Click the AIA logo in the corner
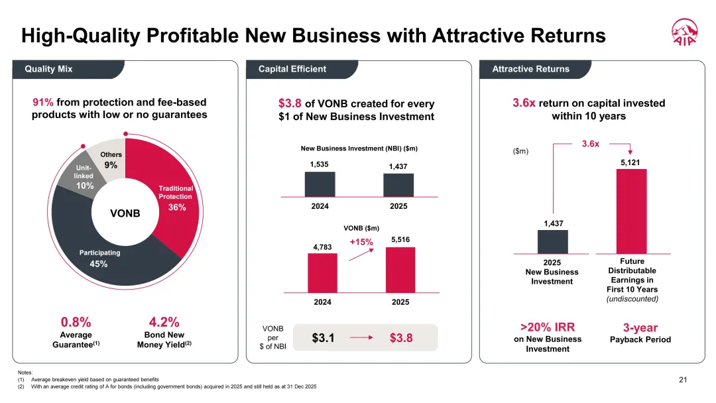[684, 32]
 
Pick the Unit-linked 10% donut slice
[82, 174]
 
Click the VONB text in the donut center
[125, 213]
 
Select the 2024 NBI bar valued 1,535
[320, 184]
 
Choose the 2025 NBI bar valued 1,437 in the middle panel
[398, 186]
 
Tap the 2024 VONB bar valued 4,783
[322, 273]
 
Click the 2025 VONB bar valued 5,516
[400, 270]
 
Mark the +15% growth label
[361, 242]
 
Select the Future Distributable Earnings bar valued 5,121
[632, 211]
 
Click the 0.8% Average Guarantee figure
[76, 322]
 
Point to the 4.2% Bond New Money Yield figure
[164, 322]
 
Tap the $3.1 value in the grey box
[324, 338]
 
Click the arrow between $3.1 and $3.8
[361, 338]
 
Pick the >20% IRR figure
[548, 327]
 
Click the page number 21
[683, 380]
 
